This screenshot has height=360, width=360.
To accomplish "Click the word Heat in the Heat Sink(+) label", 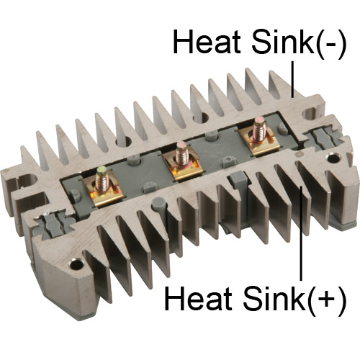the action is pos(198,298).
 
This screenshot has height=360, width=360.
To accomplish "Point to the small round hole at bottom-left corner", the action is pos(76,264).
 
